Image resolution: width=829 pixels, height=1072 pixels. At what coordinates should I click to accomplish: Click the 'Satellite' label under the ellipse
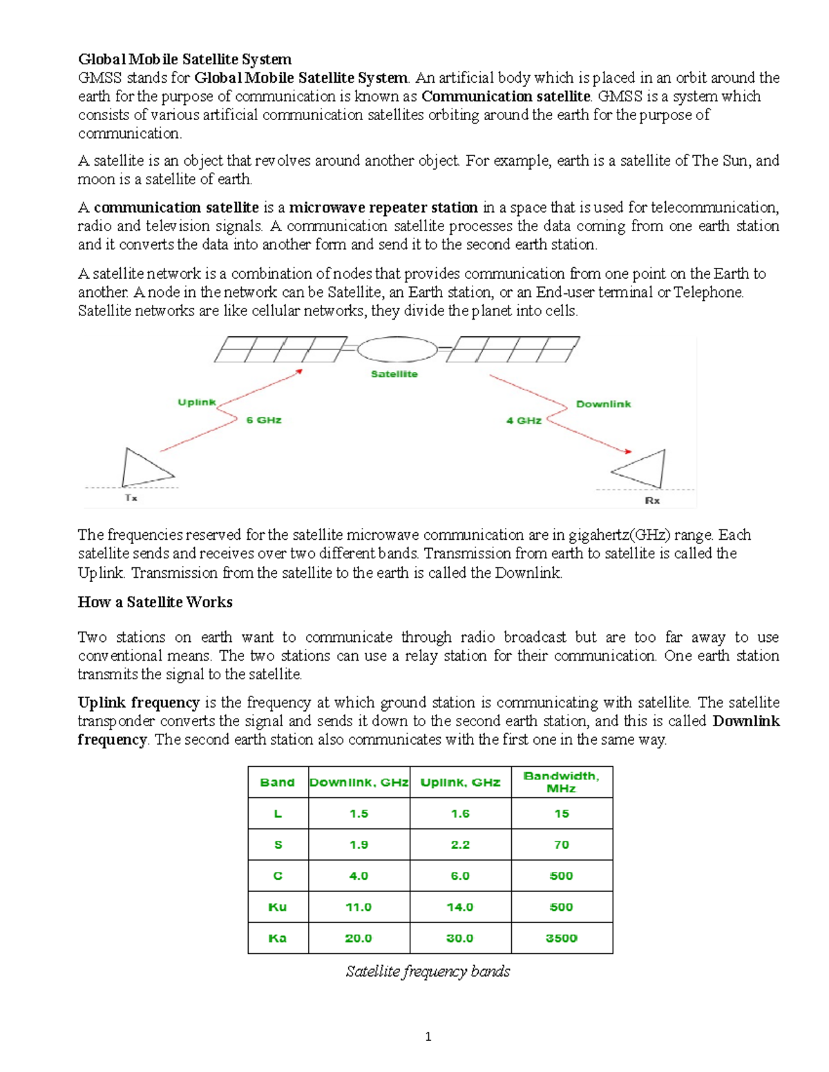(394, 374)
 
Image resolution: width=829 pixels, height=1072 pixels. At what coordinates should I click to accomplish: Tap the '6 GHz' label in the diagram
(264, 420)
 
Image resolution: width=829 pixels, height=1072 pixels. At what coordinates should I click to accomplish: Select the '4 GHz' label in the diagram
(524, 420)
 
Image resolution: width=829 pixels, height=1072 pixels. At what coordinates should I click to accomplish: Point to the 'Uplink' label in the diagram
(197, 402)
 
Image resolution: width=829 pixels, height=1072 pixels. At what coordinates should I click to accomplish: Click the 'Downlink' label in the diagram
(603, 405)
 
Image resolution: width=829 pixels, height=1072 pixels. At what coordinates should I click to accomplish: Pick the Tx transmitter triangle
(143, 469)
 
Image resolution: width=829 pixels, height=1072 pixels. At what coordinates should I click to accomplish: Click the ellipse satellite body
(397, 349)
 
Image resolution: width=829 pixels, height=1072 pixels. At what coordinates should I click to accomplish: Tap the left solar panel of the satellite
(280, 349)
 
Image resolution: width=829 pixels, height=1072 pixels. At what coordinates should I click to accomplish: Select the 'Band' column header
(278, 782)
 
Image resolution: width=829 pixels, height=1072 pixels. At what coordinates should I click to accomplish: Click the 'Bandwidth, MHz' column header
(562, 782)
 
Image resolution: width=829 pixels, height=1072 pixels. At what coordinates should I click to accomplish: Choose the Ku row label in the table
(278, 907)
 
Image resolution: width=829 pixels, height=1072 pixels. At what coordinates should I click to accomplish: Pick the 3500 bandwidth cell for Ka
(562, 938)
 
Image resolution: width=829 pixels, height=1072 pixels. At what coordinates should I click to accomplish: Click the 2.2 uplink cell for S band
(460, 845)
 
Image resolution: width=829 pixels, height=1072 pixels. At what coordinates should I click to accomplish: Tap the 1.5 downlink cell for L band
(359, 814)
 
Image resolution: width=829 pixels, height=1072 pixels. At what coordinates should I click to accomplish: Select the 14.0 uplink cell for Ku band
(460, 907)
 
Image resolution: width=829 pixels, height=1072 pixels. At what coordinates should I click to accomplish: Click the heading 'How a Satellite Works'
(155, 602)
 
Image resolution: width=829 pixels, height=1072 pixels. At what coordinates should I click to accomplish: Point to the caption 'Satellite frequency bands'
(428, 972)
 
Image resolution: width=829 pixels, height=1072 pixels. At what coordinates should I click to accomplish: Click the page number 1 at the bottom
(428, 1036)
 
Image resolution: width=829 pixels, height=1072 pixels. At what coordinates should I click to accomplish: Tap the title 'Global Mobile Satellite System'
(184, 59)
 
